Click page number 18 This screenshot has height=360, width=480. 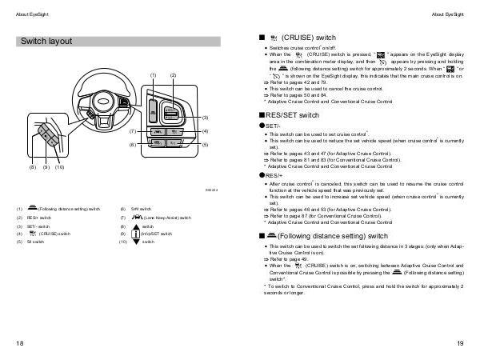point(19,343)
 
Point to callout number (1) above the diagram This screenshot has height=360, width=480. point(153,74)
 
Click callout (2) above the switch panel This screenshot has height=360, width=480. point(173,74)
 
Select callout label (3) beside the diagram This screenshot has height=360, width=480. point(205,118)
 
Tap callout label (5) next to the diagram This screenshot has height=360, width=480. point(205,145)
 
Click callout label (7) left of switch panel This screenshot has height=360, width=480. point(132,130)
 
